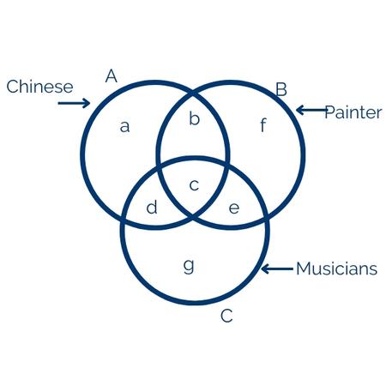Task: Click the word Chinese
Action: pos(39,87)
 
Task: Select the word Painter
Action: pos(353,112)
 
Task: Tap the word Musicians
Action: pos(337,268)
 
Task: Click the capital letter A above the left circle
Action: pos(112,76)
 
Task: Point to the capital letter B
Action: pos(281,89)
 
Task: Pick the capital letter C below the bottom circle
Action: pos(226,316)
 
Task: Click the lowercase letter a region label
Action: pos(124,127)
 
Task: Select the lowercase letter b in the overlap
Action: pos(194,118)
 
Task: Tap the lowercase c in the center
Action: pos(194,185)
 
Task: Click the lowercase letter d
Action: pos(152,207)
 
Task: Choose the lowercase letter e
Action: pos(234,208)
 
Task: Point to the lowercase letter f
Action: pos(263,125)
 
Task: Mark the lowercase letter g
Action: pos(189,266)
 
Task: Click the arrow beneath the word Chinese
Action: pos(74,103)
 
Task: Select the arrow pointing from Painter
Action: pos(311,110)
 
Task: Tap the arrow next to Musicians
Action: pos(277,268)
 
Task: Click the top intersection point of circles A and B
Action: pos(193,93)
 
